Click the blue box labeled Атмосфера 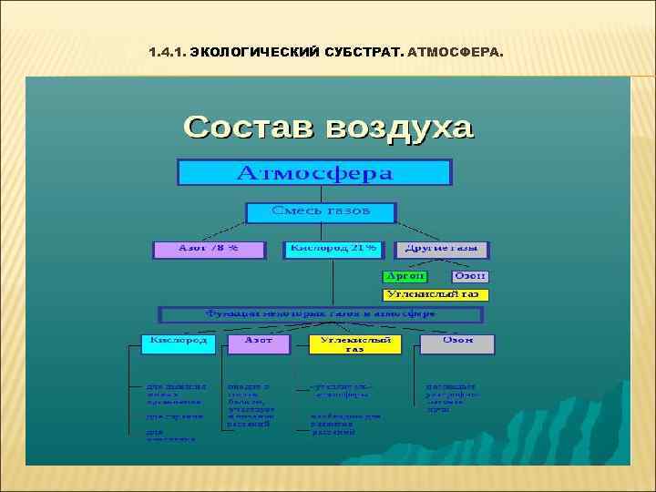[x=314, y=172]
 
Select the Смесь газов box [x=321, y=212]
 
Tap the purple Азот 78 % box [x=208, y=249]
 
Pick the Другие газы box [x=443, y=249]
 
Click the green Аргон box [x=405, y=276]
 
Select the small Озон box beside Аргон [x=470, y=276]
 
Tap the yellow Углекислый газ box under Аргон [x=435, y=295]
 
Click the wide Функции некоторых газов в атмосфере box [x=321, y=314]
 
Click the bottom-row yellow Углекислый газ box [x=355, y=343]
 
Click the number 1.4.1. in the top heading [x=165, y=52]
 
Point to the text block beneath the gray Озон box [x=452, y=397]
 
